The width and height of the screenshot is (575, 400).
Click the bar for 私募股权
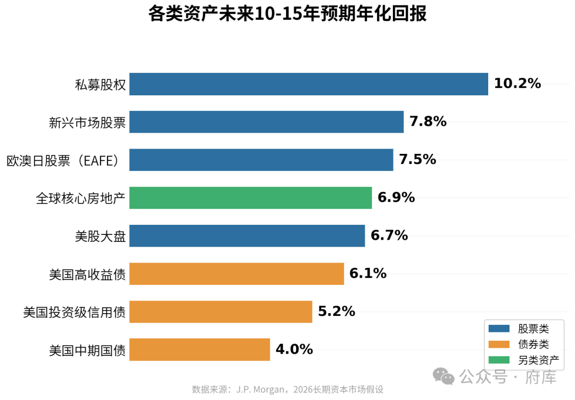[x=309, y=84]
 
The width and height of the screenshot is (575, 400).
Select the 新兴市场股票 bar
[x=266, y=122]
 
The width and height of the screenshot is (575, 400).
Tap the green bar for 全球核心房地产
[x=250, y=198]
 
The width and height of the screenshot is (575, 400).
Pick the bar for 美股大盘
[x=247, y=235]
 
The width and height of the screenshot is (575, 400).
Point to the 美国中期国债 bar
[x=200, y=349]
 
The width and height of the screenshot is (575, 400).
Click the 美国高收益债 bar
[x=236, y=274]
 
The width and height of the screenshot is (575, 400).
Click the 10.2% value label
[x=517, y=84]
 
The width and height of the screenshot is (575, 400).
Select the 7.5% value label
[x=417, y=160]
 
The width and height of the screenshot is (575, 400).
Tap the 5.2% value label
[x=336, y=312]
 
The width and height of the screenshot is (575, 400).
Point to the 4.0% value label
[x=294, y=349]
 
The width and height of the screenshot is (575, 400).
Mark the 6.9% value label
[x=396, y=198]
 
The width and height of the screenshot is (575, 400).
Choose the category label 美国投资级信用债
[x=75, y=312]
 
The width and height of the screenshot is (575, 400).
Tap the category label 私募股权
[x=101, y=85]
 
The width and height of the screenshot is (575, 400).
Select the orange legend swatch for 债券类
[x=499, y=345]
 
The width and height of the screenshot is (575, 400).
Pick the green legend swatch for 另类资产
[x=499, y=360]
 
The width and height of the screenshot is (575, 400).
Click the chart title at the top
[x=287, y=14]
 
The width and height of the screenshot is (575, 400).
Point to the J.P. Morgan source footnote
[x=287, y=389]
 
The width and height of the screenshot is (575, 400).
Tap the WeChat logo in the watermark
[x=443, y=376]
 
